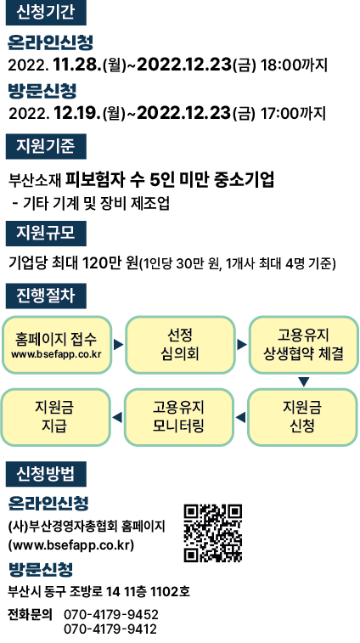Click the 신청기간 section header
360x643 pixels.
46,13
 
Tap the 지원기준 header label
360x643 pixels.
46,146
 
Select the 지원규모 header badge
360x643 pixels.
46,233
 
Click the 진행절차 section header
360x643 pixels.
46,296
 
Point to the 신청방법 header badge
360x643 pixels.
46,474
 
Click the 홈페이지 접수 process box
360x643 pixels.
57,345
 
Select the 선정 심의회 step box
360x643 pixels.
180,345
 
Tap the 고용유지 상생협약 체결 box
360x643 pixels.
303,345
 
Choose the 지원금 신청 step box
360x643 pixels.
302,417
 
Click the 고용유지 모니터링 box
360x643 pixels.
179,417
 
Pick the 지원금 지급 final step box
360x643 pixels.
55,417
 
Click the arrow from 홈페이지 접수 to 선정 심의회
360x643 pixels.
119,345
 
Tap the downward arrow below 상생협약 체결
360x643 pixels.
303,381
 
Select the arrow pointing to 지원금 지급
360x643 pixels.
117,417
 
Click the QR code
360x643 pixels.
213,533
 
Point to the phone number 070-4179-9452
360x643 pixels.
111,614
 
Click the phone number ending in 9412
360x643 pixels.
110,629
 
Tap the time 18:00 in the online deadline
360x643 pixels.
281,65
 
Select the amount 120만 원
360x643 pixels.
110,262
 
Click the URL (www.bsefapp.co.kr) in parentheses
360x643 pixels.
71,546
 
